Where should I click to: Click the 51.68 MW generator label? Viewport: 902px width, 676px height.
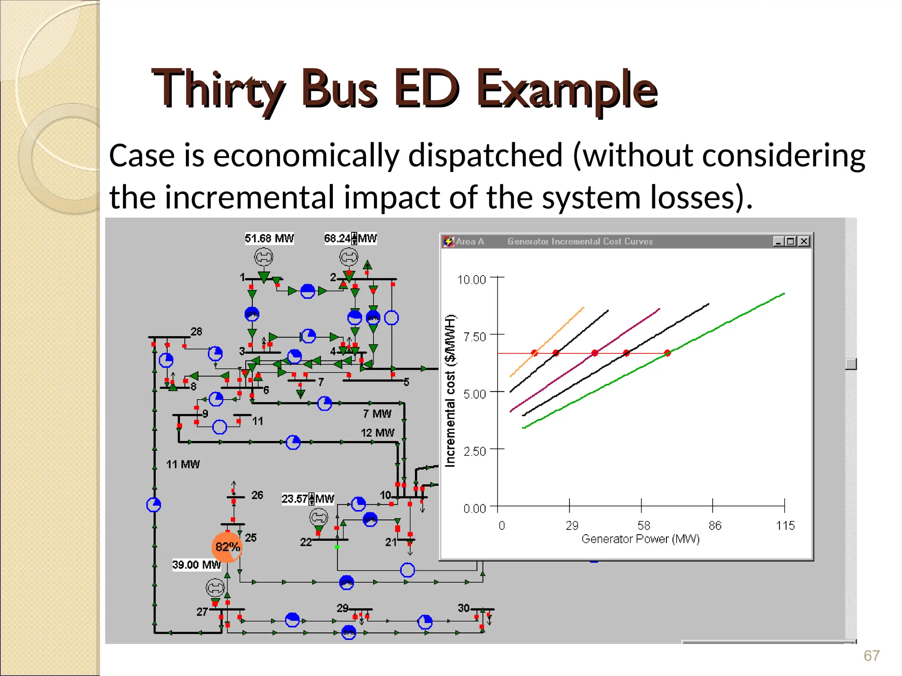pyautogui.click(x=269, y=239)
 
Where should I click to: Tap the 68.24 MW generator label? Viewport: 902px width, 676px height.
pyautogui.click(x=350, y=239)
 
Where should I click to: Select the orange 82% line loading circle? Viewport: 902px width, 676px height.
pyautogui.click(x=227, y=547)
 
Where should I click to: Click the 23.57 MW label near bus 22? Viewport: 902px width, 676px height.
pyautogui.click(x=307, y=499)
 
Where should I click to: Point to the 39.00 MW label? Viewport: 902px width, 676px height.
pyautogui.click(x=196, y=565)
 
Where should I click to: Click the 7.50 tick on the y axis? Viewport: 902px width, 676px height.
pyautogui.click(x=474, y=337)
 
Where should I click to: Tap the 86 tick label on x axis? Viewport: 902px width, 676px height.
pyautogui.click(x=715, y=525)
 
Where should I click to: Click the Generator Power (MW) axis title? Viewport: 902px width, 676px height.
pyautogui.click(x=640, y=539)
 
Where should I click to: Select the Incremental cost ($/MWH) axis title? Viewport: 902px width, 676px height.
pyautogui.click(x=450, y=391)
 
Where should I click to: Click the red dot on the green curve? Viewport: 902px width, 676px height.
pyautogui.click(x=667, y=353)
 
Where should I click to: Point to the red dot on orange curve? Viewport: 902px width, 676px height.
pyautogui.click(x=534, y=353)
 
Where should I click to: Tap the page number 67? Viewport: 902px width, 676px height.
pyautogui.click(x=871, y=656)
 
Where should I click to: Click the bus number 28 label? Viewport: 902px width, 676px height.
pyautogui.click(x=196, y=331)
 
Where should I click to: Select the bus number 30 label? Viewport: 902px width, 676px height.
pyautogui.click(x=463, y=608)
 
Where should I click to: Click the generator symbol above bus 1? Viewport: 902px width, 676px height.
pyautogui.click(x=263, y=257)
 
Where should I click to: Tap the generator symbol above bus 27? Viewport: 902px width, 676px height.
pyautogui.click(x=215, y=588)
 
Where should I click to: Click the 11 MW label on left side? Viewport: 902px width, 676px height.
pyautogui.click(x=183, y=464)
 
